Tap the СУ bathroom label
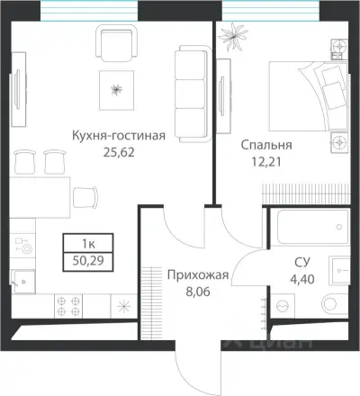(302, 262)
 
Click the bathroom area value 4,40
(302, 278)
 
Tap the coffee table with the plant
(116, 88)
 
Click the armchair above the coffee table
(116, 43)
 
